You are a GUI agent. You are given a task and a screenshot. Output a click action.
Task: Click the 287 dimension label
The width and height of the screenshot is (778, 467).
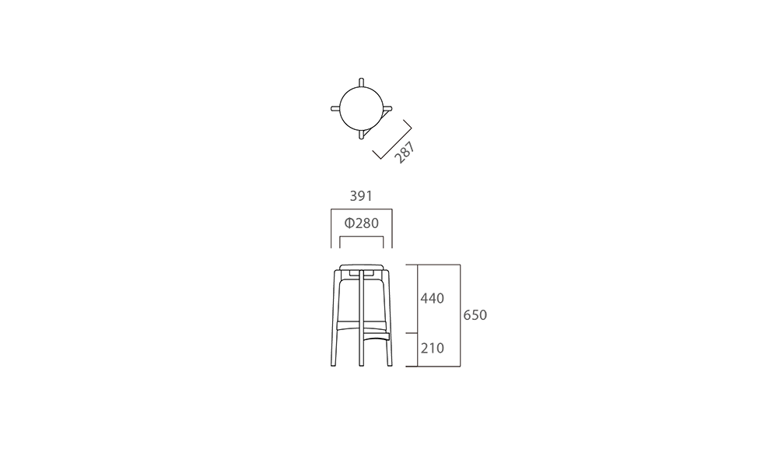[405, 153]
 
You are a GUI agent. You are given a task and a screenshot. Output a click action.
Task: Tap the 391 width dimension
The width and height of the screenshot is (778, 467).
[361, 196]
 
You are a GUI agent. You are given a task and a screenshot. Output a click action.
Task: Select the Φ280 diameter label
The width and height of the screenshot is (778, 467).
[361, 223]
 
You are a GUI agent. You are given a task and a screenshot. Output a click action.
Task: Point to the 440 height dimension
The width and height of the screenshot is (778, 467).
[432, 298]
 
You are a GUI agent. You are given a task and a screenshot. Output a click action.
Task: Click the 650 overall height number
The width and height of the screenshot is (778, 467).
[475, 315]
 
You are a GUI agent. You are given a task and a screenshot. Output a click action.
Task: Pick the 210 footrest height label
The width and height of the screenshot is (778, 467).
[432, 349]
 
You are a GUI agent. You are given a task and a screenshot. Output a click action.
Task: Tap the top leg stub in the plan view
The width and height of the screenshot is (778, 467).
[361, 83]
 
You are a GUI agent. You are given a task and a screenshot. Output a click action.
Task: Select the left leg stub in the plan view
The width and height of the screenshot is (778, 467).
[335, 109]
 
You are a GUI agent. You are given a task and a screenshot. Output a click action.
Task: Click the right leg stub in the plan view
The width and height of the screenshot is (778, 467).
[387, 109]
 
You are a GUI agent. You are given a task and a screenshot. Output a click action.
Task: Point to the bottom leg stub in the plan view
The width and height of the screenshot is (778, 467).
[361, 135]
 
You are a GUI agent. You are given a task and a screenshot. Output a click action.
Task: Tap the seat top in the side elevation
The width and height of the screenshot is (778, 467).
[361, 267]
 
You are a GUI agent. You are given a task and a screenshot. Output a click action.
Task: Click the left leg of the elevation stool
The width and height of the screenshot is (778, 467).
[335, 318]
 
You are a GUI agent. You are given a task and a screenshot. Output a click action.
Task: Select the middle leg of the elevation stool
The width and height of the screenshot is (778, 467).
[361, 318]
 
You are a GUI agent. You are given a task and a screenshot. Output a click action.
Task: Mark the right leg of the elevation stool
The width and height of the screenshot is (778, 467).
[388, 318]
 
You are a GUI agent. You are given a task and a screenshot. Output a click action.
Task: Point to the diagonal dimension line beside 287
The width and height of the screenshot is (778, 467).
[392, 139]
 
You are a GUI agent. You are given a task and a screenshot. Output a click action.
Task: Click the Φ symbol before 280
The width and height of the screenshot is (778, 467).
[349, 223]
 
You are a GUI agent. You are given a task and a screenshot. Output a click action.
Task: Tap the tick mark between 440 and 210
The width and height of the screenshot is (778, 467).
[412, 333]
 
